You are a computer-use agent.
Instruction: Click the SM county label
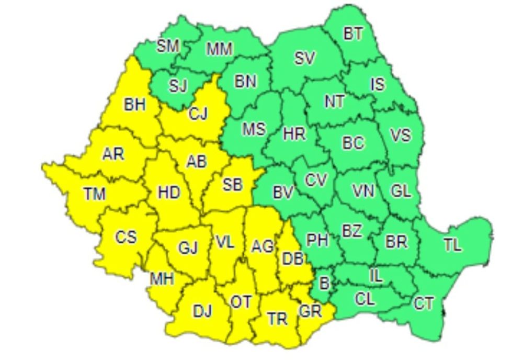click(x=168, y=46)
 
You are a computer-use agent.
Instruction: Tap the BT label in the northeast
click(x=353, y=34)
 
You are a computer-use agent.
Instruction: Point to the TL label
click(x=452, y=245)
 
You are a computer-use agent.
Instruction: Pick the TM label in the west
click(x=94, y=194)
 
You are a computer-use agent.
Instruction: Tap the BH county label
click(x=134, y=105)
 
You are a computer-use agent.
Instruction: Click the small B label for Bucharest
click(x=324, y=284)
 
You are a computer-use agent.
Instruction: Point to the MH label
click(x=162, y=279)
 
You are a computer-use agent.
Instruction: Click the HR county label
click(x=294, y=134)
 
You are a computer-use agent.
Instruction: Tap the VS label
click(x=401, y=136)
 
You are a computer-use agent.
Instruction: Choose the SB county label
click(x=232, y=184)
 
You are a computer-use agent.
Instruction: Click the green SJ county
click(x=178, y=86)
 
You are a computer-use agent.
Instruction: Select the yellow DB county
click(x=291, y=257)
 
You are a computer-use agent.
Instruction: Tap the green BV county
click(x=282, y=193)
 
